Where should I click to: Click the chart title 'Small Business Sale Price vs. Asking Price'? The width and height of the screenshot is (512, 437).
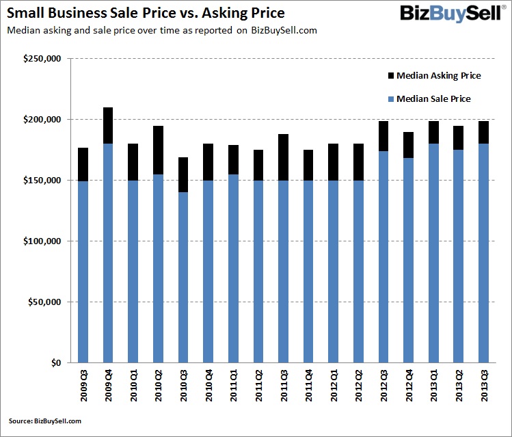(146, 13)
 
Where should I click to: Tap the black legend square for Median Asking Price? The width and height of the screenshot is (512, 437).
(391, 76)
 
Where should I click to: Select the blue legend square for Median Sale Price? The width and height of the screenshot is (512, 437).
(391, 99)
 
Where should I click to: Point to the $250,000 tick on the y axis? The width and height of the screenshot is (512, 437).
(43, 59)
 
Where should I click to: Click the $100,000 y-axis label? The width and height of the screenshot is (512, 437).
(43, 241)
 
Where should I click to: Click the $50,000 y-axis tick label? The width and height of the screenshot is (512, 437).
(45, 302)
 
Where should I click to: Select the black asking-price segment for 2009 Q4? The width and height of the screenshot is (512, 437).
(108, 125)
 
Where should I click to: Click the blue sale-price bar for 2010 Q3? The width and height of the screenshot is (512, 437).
(183, 277)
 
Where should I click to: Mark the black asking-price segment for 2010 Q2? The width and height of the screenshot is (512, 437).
(158, 150)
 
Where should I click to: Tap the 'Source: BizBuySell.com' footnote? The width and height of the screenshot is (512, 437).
(45, 421)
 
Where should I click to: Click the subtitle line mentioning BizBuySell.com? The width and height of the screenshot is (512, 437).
(161, 31)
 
